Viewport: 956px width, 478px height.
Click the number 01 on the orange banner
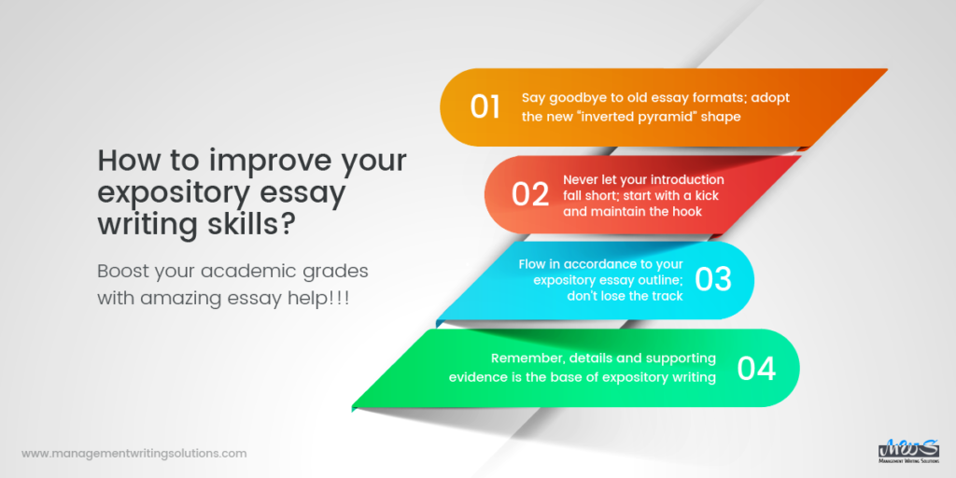pos(485,106)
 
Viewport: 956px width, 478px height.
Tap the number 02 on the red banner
pos(530,194)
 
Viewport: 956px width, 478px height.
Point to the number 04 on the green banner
pos(756,368)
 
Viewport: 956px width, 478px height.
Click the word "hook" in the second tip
pos(684,210)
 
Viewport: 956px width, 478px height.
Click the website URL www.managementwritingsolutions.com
pos(134,454)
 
